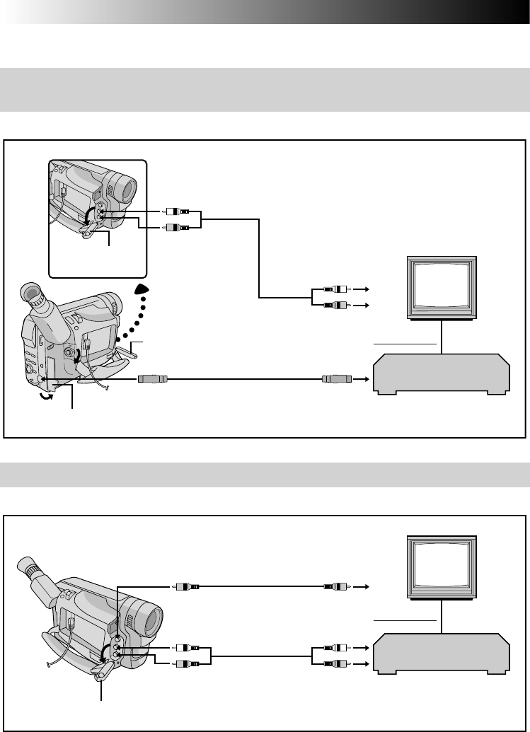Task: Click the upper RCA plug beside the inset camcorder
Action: point(175,211)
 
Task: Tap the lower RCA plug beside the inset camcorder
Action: point(175,227)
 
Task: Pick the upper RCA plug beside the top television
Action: point(335,289)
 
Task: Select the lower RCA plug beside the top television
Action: point(335,305)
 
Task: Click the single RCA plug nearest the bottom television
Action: point(335,586)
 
